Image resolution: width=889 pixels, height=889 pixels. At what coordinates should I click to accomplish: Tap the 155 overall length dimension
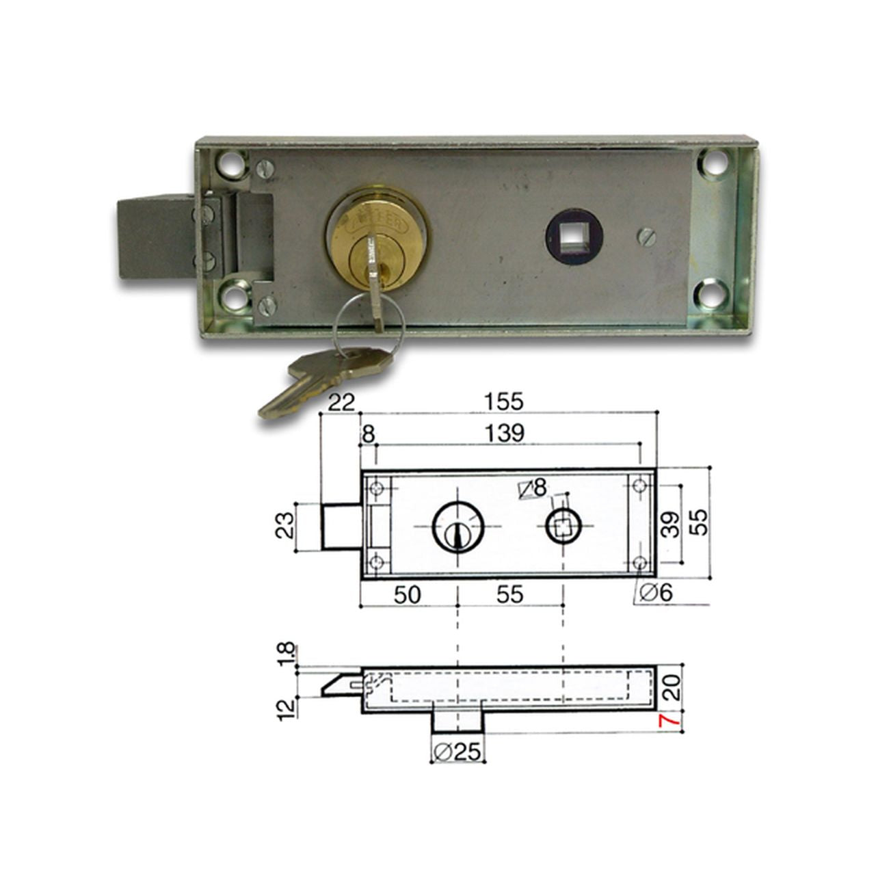[x=504, y=401]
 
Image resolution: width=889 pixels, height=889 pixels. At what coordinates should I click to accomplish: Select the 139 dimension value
[x=504, y=433]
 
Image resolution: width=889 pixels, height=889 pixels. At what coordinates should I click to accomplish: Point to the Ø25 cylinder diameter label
[x=457, y=753]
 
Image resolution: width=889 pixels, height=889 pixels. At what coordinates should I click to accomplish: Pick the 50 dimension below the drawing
[x=408, y=595]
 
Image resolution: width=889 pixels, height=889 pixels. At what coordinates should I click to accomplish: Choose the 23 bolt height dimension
[x=285, y=525]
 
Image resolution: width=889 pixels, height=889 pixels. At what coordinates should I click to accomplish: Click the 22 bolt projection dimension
[x=341, y=402]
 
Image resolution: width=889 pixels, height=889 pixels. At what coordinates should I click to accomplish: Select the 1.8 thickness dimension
[x=287, y=654]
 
